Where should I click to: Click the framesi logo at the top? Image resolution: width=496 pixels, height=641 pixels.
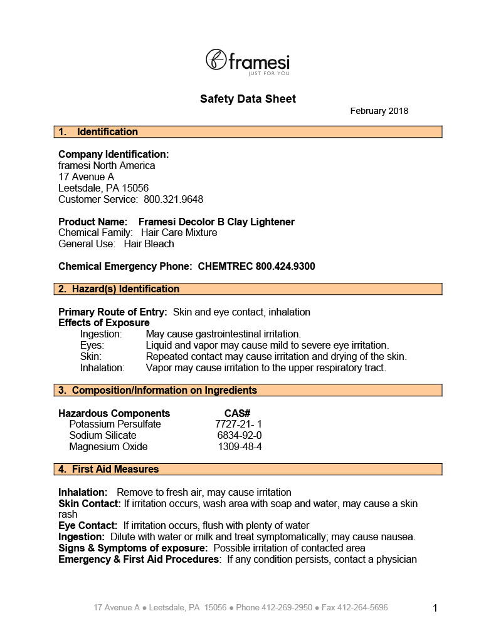click(248, 61)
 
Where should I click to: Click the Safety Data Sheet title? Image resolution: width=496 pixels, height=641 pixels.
click(248, 99)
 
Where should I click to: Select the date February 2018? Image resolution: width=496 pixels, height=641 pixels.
click(379, 111)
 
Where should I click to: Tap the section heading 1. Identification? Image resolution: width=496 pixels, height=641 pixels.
click(98, 132)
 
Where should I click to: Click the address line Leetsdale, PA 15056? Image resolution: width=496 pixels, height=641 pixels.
click(103, 188)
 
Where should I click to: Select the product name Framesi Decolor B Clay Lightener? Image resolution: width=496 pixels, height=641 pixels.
click(216, 222)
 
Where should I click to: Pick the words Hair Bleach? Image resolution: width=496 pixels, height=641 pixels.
click(149, 244)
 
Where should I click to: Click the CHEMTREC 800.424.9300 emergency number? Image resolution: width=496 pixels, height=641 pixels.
click(256, 267)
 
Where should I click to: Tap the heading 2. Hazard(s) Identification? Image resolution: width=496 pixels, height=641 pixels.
click(119, 289)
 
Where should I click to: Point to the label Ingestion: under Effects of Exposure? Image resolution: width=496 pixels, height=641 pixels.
click(101, 334)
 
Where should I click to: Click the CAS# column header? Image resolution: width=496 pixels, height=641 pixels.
click(238, 414)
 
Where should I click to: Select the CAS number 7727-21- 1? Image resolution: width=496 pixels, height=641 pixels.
click(238, 424)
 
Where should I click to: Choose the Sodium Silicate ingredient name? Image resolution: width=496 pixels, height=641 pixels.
click(103, 436)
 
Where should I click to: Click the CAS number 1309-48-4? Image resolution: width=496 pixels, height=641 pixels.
click(240, 447)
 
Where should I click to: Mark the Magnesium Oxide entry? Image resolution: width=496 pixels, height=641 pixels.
click(108, 447)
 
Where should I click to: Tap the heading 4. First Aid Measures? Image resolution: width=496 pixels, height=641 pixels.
click(109, 469)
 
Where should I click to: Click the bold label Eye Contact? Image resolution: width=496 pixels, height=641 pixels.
click(88, 526)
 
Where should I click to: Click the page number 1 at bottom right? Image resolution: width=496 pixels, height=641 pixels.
click(435, 608)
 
